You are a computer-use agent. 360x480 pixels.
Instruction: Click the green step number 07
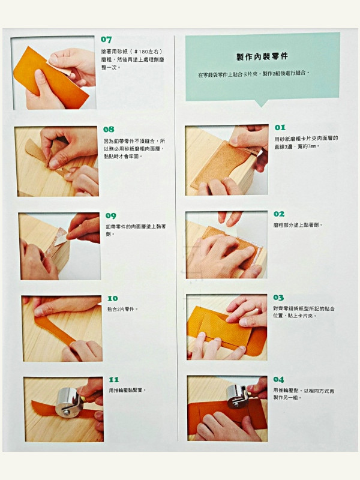tap(106, 40)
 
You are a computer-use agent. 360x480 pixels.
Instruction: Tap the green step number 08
tap(109, 130)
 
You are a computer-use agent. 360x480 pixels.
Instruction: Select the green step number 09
tap(111, 216)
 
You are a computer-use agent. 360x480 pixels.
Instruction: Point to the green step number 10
tap(113, 298)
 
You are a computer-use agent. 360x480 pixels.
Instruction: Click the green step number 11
tap(114, 380)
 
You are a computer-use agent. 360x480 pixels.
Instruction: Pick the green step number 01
tap(280, 127)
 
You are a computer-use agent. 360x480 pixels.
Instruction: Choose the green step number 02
tap(279, 214)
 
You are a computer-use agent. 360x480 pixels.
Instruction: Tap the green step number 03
tap(278, 298)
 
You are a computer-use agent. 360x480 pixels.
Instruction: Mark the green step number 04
tap(278, 380)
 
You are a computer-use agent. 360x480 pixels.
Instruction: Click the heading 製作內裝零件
tap(262, 56)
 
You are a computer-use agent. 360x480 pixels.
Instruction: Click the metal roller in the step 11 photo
tap(67, 401)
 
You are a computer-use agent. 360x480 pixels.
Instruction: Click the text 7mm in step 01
tap(311, 146)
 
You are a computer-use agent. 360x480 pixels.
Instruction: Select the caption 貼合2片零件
tap(122, 309)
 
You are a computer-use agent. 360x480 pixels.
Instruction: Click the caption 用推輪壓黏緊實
tap(127, 391)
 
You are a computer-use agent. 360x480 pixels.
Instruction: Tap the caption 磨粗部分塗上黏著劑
tap(298, 225)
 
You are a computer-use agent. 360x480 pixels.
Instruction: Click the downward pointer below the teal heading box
tap(261, 103)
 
